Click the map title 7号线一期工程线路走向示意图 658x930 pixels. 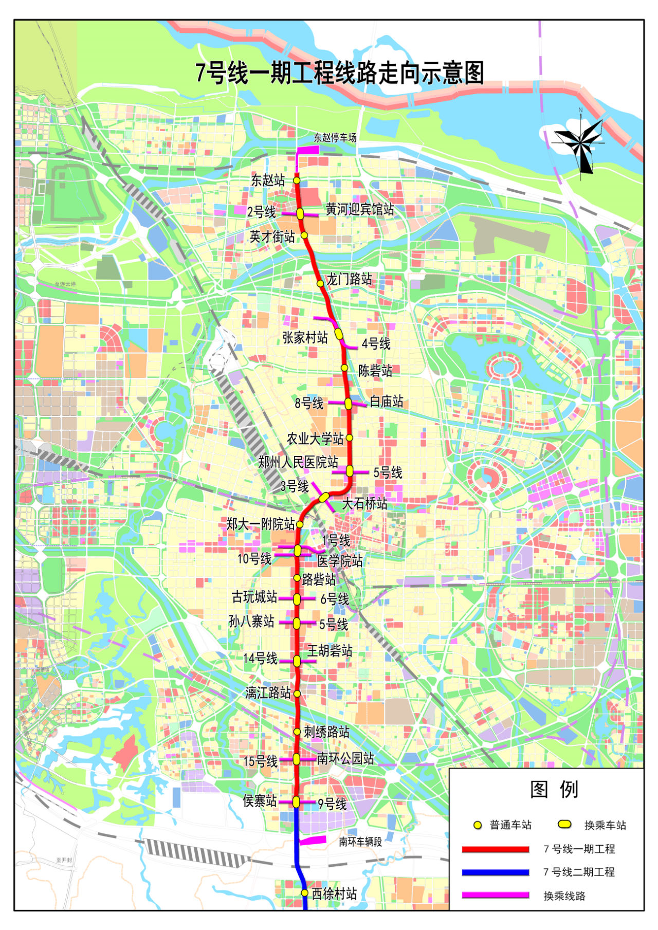[340, 73]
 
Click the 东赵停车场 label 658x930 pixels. [335, 138]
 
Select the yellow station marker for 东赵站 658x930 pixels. [297, 180]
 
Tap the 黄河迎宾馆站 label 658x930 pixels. [360, 209]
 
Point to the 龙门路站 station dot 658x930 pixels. [320, 283]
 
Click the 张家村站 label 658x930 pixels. [305, 338]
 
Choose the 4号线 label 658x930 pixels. [376, 343]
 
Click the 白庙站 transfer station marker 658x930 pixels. [349, 404]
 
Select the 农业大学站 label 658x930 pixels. [315, 439]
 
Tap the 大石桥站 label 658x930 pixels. [364, 504]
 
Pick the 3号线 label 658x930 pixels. [295, 486]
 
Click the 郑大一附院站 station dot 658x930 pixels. [300, 524]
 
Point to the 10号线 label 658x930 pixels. [254, 558]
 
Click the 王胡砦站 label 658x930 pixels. [330, 651]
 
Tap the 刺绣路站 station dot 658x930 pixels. [297, 732]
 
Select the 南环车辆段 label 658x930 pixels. [360, 842]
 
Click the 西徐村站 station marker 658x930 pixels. [304, 893]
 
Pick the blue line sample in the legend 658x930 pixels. [496, 872]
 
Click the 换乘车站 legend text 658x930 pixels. [605, 825]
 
